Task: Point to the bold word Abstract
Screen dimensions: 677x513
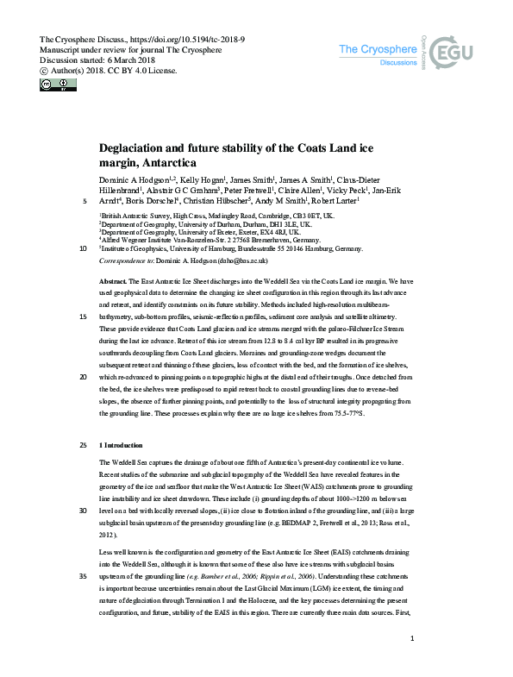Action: tap(114, 282)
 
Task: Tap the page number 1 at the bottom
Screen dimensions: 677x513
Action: tap(415, 661)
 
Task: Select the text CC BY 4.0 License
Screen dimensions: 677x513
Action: tap(141, 71)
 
